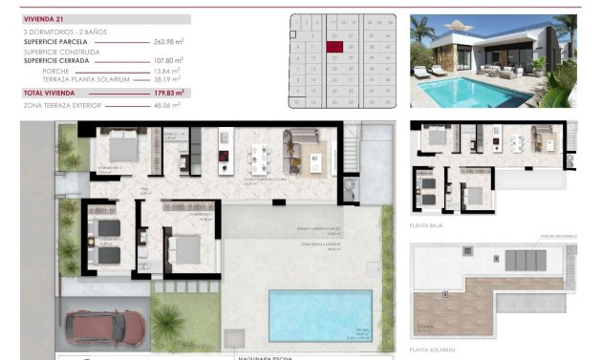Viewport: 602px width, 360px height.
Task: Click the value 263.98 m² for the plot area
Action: click(x=168, y=41)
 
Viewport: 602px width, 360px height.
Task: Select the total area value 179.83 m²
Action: click(x=167, y=93)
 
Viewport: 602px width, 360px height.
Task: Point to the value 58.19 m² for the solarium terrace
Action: click(x=168, y=79)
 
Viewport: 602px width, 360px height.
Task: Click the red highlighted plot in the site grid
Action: click(x=334, y=46)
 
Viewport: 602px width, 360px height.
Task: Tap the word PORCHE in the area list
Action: click(x=56, y=72)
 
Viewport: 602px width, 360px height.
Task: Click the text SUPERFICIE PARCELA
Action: click(x=59, y=41)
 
